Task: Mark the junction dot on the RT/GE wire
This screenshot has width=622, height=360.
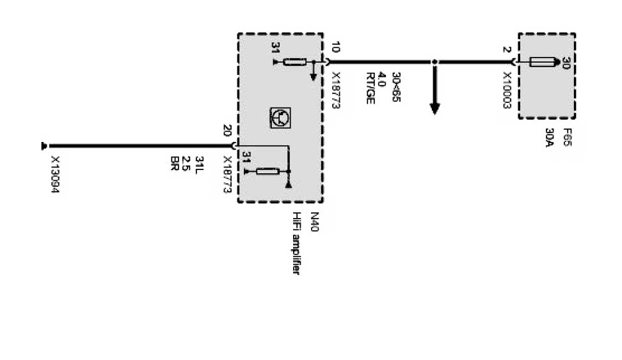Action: (435, 62)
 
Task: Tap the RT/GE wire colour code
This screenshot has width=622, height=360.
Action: (369, 88)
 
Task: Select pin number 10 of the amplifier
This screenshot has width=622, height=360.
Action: (336, 48)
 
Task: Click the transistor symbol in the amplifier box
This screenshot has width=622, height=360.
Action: (280, 117)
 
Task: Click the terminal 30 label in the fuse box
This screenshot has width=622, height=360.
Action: (566, 63)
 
